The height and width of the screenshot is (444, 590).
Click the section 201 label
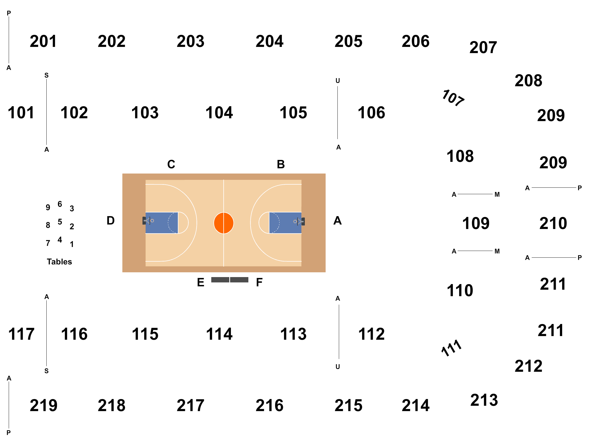point(43,41)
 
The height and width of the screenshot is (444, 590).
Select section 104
point(219,113)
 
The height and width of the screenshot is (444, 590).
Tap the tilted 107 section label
point(453,98)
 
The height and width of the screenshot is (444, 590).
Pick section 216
point(269,406)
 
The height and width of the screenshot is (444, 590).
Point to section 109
point(476,223)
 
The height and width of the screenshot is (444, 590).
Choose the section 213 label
point(484,400)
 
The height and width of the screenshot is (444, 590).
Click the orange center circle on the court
point(224,223)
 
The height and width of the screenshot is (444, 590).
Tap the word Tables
point(59,262)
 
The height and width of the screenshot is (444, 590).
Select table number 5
point(60,222)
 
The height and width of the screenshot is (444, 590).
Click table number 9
point(48,207)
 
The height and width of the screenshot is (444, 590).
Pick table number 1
point(72,244)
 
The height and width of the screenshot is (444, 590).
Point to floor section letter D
point(111,221)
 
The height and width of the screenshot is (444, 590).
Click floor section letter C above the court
point(171,164)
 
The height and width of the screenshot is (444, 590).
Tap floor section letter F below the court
point(259,282)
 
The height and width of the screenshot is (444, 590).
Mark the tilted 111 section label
point(451,348)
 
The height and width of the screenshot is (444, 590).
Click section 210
point(553,223)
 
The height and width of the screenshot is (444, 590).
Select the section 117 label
point(21,334)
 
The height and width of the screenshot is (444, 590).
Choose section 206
point(416,41)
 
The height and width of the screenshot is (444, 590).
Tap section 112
point(371,334)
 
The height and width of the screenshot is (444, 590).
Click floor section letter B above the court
point(281,164)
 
